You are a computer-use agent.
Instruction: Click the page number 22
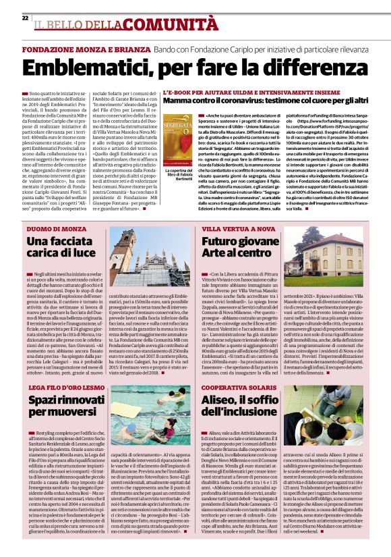25,18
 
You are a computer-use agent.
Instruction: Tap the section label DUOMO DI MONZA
55,211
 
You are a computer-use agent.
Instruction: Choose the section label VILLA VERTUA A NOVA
239,211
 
